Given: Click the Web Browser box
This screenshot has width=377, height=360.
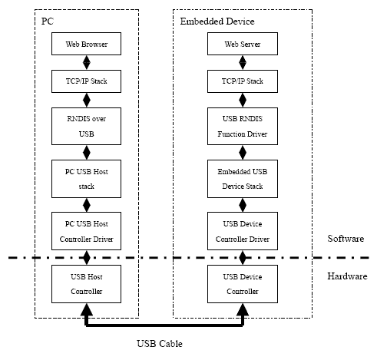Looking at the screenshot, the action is [x=86, y=44].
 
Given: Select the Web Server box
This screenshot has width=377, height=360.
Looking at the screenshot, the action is [x=243, y=44].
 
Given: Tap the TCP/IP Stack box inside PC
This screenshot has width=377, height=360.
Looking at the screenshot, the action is [x=86, y=81].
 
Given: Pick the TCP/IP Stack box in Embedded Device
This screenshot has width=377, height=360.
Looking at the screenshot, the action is [x=243, y=81].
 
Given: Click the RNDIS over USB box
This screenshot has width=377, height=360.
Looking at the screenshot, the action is [x=86, y=126].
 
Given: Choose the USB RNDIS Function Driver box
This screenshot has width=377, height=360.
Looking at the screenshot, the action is [x=243, y=126].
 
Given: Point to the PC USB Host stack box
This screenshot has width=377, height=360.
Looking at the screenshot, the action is [x=86, y=179].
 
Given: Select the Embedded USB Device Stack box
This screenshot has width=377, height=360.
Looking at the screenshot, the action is [x=243, y=179].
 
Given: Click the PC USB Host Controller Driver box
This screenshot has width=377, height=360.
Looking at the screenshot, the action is [x=86, y=231].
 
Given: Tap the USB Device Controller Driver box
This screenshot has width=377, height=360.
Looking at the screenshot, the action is [x=243, y=231].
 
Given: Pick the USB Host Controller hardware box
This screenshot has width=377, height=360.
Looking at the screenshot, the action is [x=86, y=284].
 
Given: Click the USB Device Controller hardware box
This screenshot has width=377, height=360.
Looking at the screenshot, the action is [x=243, y=284].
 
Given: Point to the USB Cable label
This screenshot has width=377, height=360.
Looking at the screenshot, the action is [x=160, y=344].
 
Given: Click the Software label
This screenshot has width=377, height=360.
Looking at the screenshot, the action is [x=346, y=239].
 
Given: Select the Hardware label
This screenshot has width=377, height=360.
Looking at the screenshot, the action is [x=347, y=276].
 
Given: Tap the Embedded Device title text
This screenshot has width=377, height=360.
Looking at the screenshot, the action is [x=217, y=21].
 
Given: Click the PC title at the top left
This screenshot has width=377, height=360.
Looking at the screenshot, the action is [x=48, y=21].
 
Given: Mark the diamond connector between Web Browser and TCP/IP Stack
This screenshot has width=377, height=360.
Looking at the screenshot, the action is [x=87, y=62].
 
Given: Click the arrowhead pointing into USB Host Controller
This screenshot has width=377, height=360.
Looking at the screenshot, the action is [x=87, y=309].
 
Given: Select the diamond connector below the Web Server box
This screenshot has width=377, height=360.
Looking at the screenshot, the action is [x=243, y=62].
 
